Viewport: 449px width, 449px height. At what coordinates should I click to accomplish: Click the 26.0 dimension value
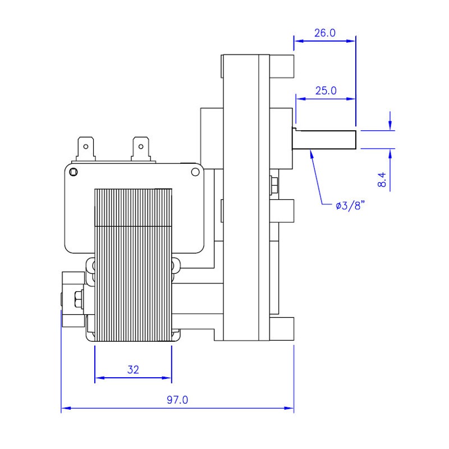(x=324, y=33)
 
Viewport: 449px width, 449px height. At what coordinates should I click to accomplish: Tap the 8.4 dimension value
(x=382, y=180)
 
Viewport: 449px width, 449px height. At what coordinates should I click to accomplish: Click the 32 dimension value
(x=133, y=369)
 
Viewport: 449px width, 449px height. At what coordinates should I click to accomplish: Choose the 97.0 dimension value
(x=177, y=400)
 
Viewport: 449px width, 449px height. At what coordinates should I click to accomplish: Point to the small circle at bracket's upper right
(x=195, y=172)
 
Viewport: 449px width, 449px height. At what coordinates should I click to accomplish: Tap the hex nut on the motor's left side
(x=77, y=300)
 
